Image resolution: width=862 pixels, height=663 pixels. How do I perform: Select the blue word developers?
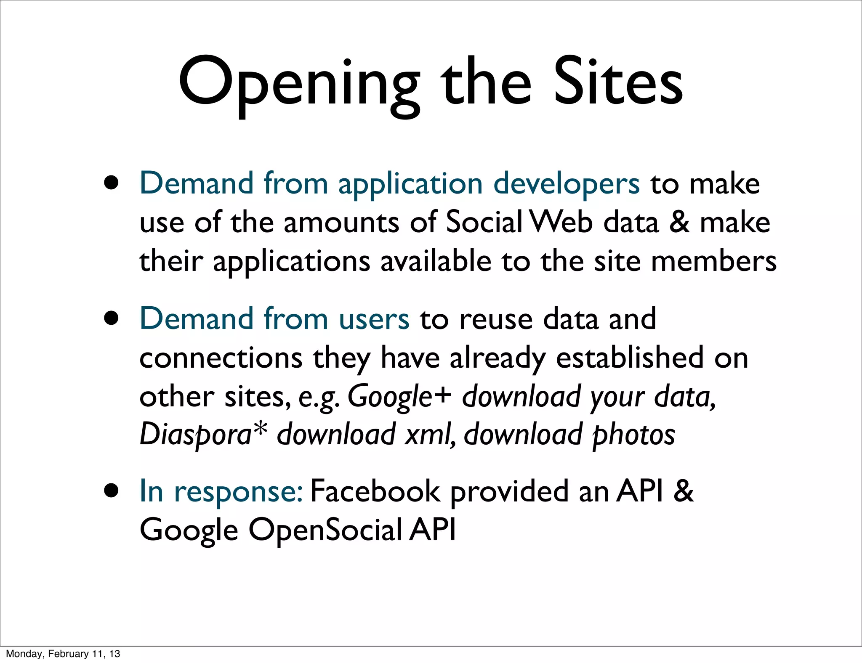(x=566, y=184)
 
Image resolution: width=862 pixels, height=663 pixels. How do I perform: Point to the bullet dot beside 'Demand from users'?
(x=112, y=318)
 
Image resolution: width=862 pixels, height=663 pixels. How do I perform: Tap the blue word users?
(x=374, y=318)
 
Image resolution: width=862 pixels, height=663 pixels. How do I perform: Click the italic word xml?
(x=429, y=435)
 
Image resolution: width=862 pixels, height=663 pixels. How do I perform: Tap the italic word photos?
(x=633, y=435)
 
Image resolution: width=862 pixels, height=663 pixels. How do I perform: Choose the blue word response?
(x=238, y=491)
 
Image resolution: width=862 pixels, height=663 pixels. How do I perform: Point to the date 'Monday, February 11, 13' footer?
(x=63, y=654)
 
